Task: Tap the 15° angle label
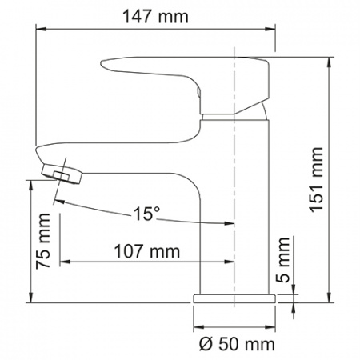tap(146, 214)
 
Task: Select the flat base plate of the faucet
tap(234, 298)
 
